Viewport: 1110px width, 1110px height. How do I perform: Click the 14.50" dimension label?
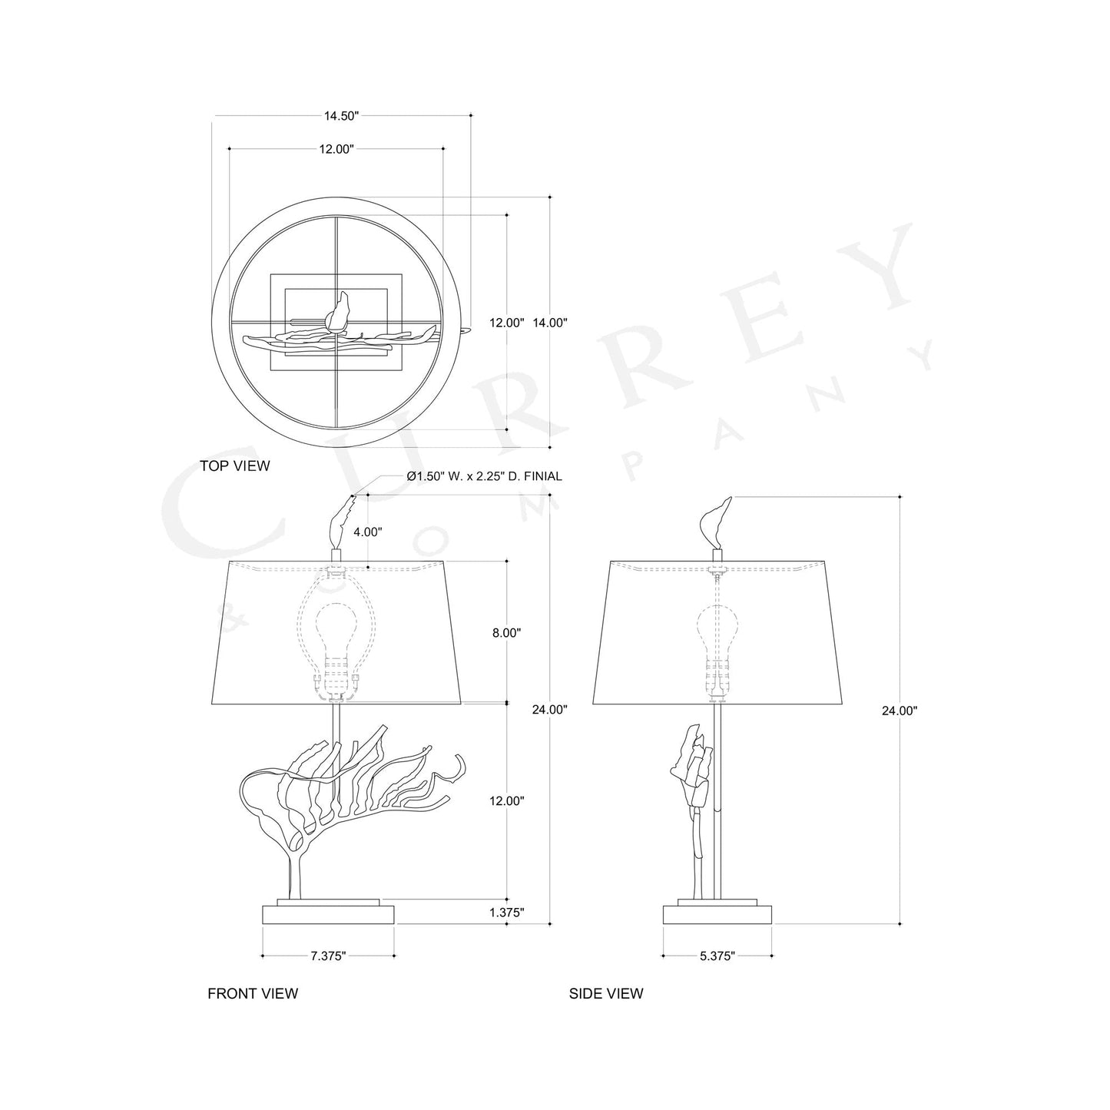[x=341, y=116]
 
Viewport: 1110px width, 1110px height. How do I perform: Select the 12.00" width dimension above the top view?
[x=336, y=150]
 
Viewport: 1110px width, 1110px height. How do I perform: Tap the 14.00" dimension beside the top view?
[x=550, y=323]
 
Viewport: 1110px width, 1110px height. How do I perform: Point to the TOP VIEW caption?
[x=235, y=466]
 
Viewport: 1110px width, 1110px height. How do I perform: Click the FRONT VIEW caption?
[x=253, y=993]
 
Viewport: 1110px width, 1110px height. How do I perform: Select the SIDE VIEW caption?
[x=606, y=993]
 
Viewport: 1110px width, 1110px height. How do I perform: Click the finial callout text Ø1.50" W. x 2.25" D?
[x=484, y=476]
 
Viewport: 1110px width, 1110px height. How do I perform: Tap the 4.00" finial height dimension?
[x=367, y=532]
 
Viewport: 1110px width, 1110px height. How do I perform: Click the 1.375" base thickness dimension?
[x=505, y=913]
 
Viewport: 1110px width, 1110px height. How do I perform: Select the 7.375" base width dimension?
[x=328, y=956]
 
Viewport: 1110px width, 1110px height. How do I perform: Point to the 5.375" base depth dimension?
[x=717, y=956]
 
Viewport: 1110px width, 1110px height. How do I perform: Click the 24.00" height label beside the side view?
[x=900, y=711]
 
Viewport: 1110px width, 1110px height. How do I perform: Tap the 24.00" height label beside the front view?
[x=550, y=710]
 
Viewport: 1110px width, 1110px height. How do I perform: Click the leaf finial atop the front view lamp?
[x=338, y=522]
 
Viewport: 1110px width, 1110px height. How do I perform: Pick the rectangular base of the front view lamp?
[x=328, y=914]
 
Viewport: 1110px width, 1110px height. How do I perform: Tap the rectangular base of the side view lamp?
[x=717, y=914]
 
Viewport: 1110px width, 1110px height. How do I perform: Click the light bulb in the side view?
[x=716, y=630]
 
